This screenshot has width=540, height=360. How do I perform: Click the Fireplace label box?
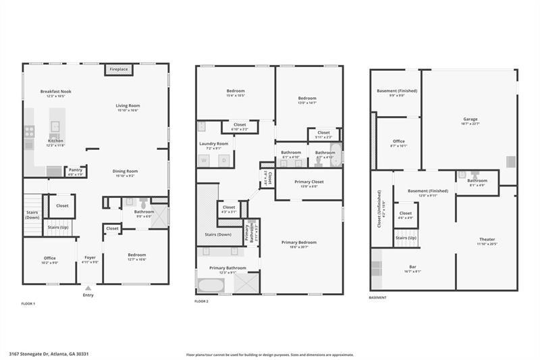click(x=119, y=70)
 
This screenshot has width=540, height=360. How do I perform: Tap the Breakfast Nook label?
click(x=56, y=91)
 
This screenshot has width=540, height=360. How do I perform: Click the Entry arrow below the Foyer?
click(x=88, y=288)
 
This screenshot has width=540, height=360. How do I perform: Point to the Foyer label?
click(x=90, y=257)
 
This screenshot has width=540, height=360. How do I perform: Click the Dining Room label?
click(x=125, y=171)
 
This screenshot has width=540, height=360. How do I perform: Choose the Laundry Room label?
click(x=213, y=143)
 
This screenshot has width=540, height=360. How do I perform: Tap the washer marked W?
click(x=203, y=160)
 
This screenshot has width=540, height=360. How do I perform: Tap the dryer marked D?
click(x=223, y=160)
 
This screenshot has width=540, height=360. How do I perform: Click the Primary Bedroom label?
click(x=299, y=242)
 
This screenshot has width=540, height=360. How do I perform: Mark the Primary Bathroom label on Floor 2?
click(x=227, y=268)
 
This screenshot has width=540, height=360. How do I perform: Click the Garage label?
click(x=470, y=119)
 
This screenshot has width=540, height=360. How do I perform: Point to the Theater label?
click(x=487, y=239)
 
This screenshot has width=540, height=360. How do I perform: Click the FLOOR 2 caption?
click(x=201, y=301)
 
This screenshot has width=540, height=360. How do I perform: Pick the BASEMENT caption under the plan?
click(x=378, y=298)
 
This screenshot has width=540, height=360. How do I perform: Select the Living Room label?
click(x=127, y=105)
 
